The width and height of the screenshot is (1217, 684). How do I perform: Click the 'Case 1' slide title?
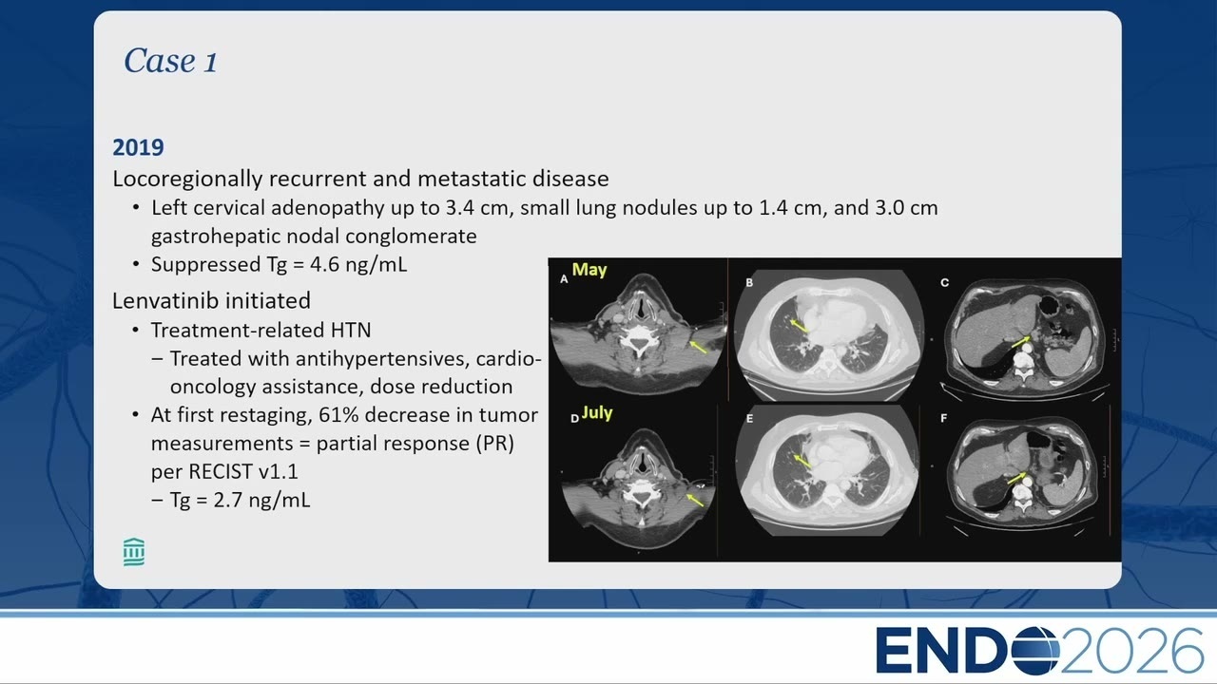(170, 60)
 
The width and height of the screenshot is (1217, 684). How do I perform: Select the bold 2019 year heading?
(138, 147)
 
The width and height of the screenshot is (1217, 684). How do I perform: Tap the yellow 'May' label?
(589, 270)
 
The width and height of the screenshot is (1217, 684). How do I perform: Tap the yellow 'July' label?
(596, 413)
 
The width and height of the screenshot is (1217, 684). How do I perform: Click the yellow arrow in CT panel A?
(698, 347)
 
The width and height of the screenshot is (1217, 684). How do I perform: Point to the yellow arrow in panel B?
(798, 326)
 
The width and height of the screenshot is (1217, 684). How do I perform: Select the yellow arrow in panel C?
(1020, 342)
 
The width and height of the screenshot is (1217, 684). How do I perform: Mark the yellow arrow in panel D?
(695, 500)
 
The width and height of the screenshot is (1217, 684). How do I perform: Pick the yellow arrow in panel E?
(802, 462)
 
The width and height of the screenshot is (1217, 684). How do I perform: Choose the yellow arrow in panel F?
(1016, 478)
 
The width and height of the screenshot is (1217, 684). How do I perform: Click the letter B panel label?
(749, 283)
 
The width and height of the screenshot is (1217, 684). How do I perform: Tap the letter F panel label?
(944, 418)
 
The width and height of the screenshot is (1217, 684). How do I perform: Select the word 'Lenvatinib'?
(165, 301)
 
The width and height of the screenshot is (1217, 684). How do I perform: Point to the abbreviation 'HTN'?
(351, 330)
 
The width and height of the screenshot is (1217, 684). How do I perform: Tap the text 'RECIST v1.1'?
(243, 472)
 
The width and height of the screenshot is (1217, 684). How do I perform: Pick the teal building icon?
(134, 553)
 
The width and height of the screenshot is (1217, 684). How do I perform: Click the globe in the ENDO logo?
(1035, 651)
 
